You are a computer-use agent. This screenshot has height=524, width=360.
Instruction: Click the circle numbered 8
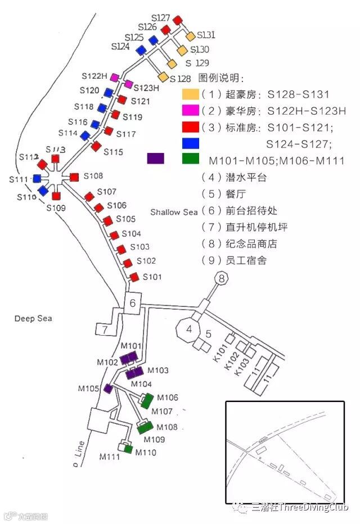[x=221, y=278]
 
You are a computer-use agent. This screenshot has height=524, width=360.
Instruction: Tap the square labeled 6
[x=133, y=304]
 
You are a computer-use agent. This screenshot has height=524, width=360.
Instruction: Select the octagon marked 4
[x=190, y=329]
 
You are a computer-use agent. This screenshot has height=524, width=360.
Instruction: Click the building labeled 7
[x=105, y=329]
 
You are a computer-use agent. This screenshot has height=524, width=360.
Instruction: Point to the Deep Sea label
[x=33, y=319]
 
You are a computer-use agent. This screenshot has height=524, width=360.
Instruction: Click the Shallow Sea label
[x=174, y=212]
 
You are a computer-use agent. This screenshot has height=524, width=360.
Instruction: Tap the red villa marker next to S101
[x=134, y=277]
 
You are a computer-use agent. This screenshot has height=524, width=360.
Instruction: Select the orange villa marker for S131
[x=190, y=37]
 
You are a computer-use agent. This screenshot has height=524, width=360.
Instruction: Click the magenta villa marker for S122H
[x=115, y=77]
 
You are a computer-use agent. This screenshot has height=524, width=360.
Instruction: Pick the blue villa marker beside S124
[x=140, y=50]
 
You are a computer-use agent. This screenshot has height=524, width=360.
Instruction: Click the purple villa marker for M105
[x=109, y=389]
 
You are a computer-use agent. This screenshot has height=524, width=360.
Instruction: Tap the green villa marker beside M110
[x=128, y=449]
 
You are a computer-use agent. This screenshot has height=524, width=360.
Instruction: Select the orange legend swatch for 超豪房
[x=191, y=94]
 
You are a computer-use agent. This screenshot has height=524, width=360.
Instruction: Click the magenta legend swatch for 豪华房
[x=191, y=111]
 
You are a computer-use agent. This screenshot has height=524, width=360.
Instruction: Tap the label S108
[x=93, y=176]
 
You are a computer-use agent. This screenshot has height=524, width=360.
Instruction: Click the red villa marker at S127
[x=177, y=20]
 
